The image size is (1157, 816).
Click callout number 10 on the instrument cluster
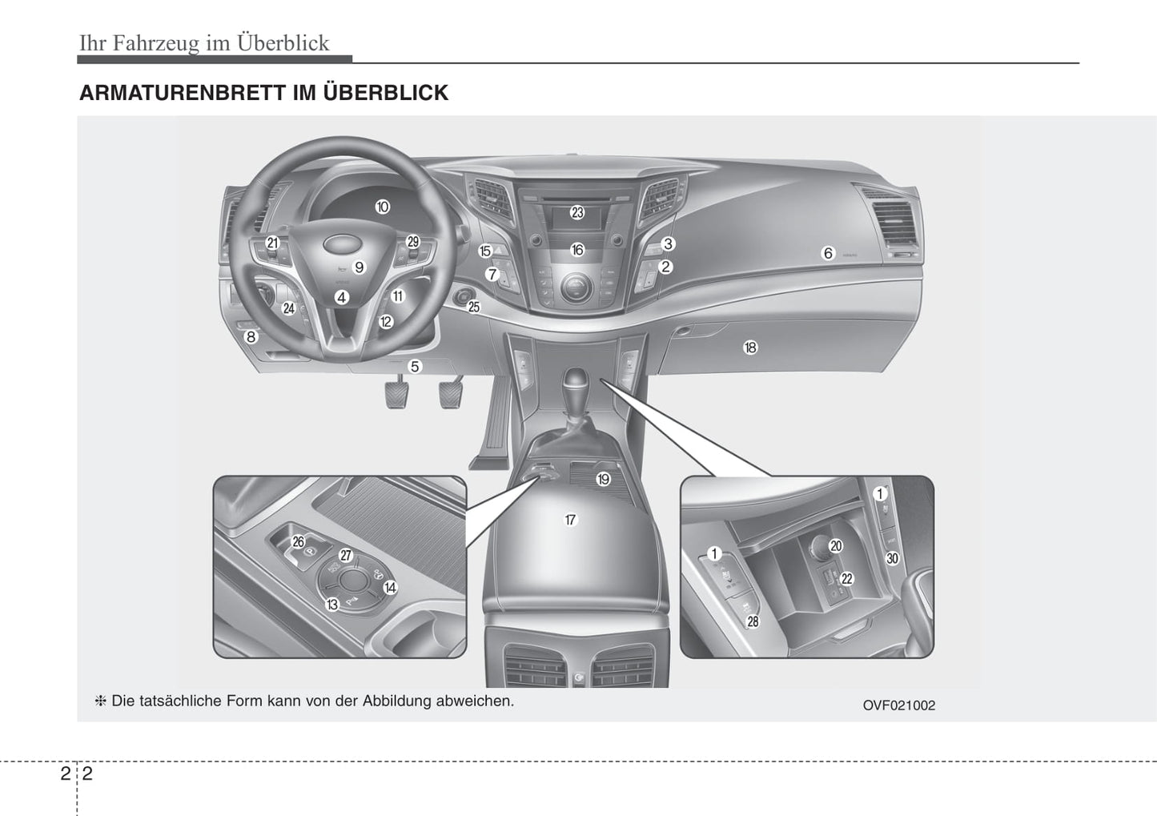tap(382, 207)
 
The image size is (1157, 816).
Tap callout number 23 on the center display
tap(577, 212)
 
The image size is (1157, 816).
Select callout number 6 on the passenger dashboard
tap(828, 253)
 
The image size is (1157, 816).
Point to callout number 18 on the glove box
tap(750, 348)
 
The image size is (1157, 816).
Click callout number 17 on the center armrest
tap(570, 520)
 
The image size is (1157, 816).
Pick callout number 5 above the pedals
tap(414, 367)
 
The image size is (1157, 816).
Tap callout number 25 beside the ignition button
tap(474, 307)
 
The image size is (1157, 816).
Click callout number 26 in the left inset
tap(298, 541)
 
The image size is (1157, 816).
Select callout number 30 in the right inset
tap(892, 558)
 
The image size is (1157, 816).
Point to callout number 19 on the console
tap(603, 480)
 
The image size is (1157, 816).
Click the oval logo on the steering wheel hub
tap(339, 245)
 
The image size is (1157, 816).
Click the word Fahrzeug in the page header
tap(155, 43)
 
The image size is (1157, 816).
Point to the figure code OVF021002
tap(898, 705)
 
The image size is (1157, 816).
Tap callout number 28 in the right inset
tap(753, 621)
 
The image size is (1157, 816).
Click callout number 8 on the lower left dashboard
tap(251, 337)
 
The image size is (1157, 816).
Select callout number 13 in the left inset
tap(331, 605)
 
